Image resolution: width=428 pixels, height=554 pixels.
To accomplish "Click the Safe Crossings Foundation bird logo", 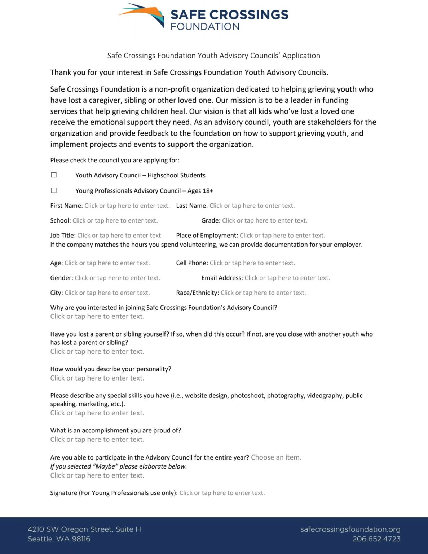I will (x=141, y=14).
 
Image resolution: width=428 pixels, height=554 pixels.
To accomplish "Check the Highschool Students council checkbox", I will (x=54, y=175).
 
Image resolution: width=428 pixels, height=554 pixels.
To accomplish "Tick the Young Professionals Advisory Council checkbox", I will (x=54, y=190).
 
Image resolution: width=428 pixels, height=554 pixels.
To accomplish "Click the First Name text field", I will (x=127, y=206).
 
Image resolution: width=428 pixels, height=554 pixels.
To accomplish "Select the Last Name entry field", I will (x=252, y=206).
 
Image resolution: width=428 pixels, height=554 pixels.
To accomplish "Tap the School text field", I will (x=115, y=220).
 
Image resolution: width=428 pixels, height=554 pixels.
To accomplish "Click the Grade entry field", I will (x=264, y=220).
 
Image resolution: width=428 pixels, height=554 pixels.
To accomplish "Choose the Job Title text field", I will (x=120, y=235).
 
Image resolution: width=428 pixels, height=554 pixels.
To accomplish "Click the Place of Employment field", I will (x=282, y=235).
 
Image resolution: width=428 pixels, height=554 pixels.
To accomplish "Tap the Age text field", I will (x=107, y=263).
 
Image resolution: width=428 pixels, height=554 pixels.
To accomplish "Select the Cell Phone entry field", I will (x=252, y=263).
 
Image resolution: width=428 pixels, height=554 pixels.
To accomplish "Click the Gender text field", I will (x=117, y=278).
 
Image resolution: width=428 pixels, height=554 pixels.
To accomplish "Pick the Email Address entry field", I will (x=287, y=278).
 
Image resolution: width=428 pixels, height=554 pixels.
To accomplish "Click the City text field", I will (x=107, y=293).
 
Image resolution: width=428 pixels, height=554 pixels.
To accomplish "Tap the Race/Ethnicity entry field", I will (x=263, y=293).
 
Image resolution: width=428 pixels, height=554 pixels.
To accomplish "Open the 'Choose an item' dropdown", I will (x=276, y=457).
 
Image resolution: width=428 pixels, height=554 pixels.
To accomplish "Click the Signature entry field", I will (x=222, y=493).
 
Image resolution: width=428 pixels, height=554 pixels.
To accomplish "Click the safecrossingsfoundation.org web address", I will (x=350, y=529).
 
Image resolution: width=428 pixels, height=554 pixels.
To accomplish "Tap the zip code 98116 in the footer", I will (x=81, y=539).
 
